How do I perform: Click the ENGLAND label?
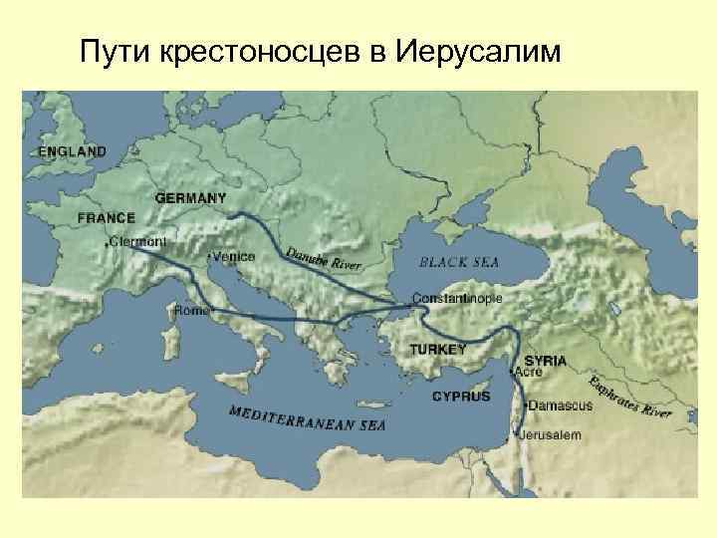72,151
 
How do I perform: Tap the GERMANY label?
190,198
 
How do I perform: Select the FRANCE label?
107,216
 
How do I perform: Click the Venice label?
234,256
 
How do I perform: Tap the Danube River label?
323,258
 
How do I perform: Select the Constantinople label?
458,298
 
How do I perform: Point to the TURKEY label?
438,350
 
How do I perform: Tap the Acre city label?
528,372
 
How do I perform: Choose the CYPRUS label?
461,397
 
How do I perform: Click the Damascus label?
560,405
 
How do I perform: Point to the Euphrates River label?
629,398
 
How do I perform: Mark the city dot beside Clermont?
107,242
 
